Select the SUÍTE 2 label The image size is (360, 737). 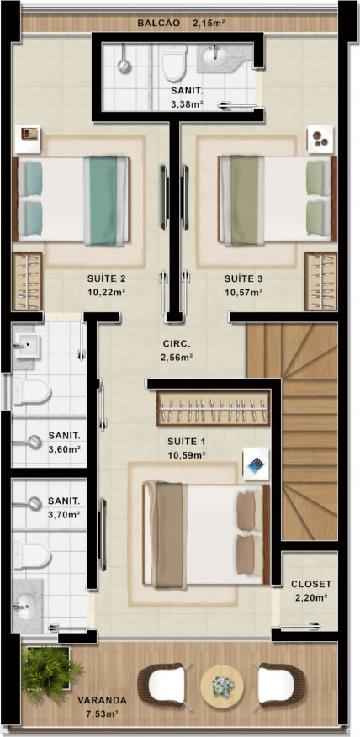click(107, 278)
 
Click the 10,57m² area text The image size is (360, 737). click(243, 292)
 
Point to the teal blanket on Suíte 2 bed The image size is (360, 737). click(103, 201)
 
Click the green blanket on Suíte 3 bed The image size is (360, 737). click(245, 201)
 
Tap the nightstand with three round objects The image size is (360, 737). click(320, 139)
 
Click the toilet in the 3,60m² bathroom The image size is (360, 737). click(31, 391)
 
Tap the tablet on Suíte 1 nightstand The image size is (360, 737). click(257, 464)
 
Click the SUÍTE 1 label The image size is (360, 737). click(187, 442)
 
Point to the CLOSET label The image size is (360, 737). click(311, 584)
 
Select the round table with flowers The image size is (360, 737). click(222, 687)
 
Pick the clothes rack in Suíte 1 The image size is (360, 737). click(214, 407)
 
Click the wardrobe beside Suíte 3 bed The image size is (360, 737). click(320, 281)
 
